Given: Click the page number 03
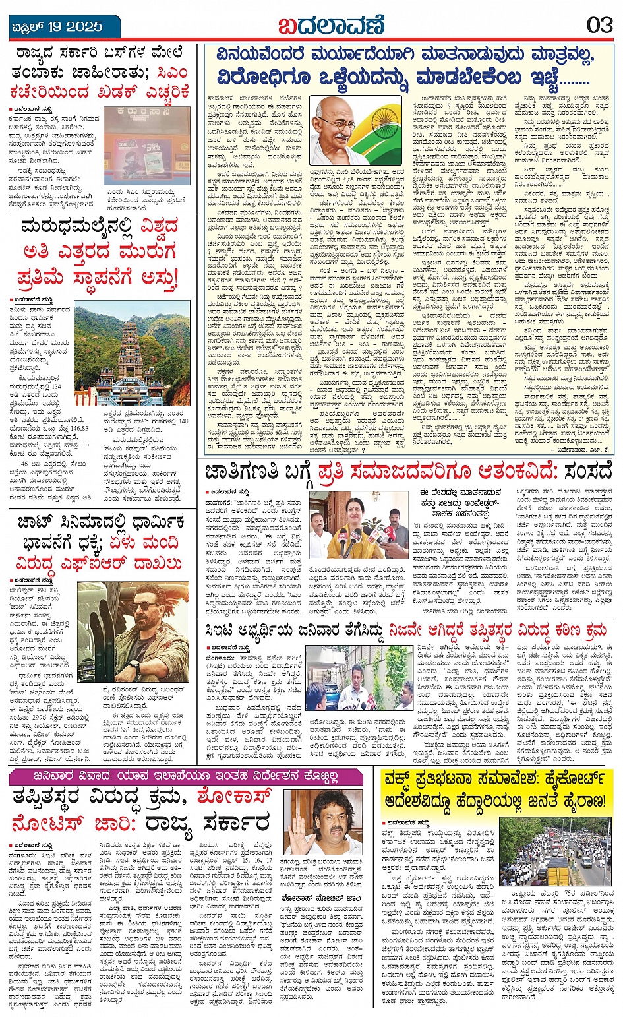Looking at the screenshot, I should [x=599, y=25].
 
